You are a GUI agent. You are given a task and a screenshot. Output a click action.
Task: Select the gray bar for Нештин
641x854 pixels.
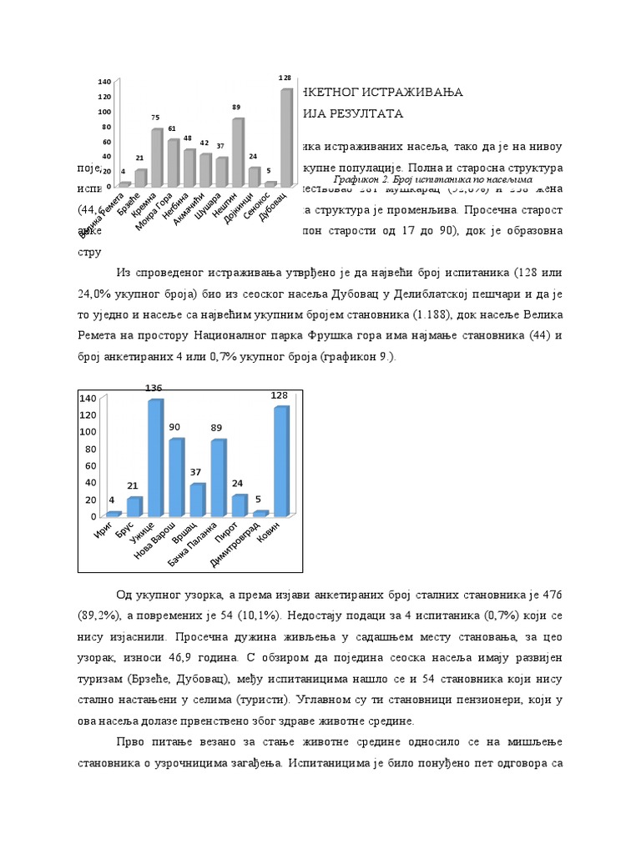[238, 152]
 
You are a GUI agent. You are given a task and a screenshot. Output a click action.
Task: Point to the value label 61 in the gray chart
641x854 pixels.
[172, 129]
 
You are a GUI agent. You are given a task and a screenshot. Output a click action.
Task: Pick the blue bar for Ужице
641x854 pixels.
[155, 458]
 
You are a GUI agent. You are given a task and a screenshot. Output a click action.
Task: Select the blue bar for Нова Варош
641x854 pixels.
[176, 477]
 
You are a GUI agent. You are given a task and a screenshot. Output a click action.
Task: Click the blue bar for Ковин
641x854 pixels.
[281, 461]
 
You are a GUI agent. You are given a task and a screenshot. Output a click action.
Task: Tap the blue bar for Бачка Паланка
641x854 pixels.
[218, 477]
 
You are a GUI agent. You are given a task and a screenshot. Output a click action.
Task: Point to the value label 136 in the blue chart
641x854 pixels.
[154, 389]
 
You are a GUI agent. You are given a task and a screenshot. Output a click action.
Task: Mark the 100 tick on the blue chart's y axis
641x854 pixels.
[88, 432]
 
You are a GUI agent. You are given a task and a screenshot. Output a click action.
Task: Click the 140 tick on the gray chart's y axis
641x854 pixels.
[104, 82]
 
